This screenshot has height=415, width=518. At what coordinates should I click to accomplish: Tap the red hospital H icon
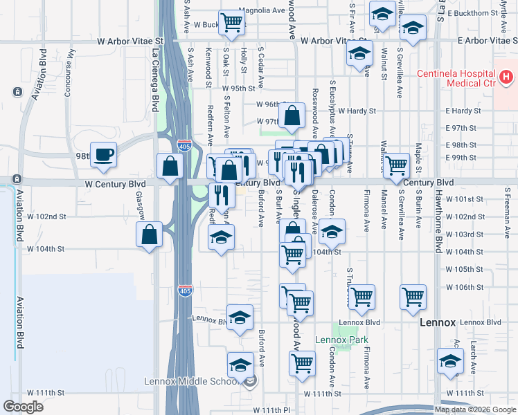(x=507, y=77)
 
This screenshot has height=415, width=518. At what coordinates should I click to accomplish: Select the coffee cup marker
(x=103, y=155)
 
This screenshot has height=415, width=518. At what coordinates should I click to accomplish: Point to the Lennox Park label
(x=341, y=340)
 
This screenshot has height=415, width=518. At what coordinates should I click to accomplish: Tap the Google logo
(x=24, y=407)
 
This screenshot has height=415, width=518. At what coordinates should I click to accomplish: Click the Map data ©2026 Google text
(x=475, y=409)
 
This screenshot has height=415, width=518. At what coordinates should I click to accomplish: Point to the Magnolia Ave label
(x=262, y=10)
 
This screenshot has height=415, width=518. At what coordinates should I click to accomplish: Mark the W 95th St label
(x=238, y=89)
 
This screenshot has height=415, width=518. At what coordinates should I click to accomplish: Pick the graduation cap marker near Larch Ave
(x=450, y=361)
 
